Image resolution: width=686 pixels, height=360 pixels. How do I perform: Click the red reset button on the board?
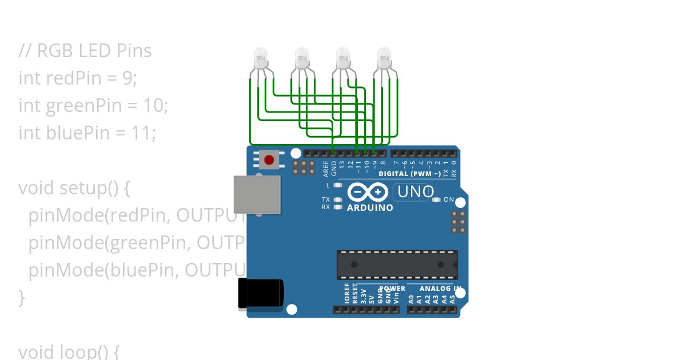tap(269, 159)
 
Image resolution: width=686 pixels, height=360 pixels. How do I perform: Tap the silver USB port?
tap(257, 194)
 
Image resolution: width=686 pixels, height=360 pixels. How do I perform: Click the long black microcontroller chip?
tap(397, 265)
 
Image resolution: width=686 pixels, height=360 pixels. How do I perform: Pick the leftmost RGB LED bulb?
tap(260, 57)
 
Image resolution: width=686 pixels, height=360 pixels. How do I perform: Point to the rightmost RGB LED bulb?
tap(385, 57)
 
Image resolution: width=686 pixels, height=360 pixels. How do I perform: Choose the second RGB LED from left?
tap(302, 57)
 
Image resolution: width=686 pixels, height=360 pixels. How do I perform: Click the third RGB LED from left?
tap(343, 57)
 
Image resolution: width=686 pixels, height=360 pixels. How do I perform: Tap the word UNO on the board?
tap(415, 191)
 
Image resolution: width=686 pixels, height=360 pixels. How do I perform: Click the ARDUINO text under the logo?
tap(370, 208)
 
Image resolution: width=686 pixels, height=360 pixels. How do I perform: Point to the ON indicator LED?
tap(437, 200)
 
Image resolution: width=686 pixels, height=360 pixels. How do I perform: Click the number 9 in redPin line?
tap(127, 78)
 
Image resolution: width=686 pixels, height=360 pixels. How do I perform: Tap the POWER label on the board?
tap(392, 289)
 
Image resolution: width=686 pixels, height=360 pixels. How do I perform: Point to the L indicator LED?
tap(338, 185)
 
